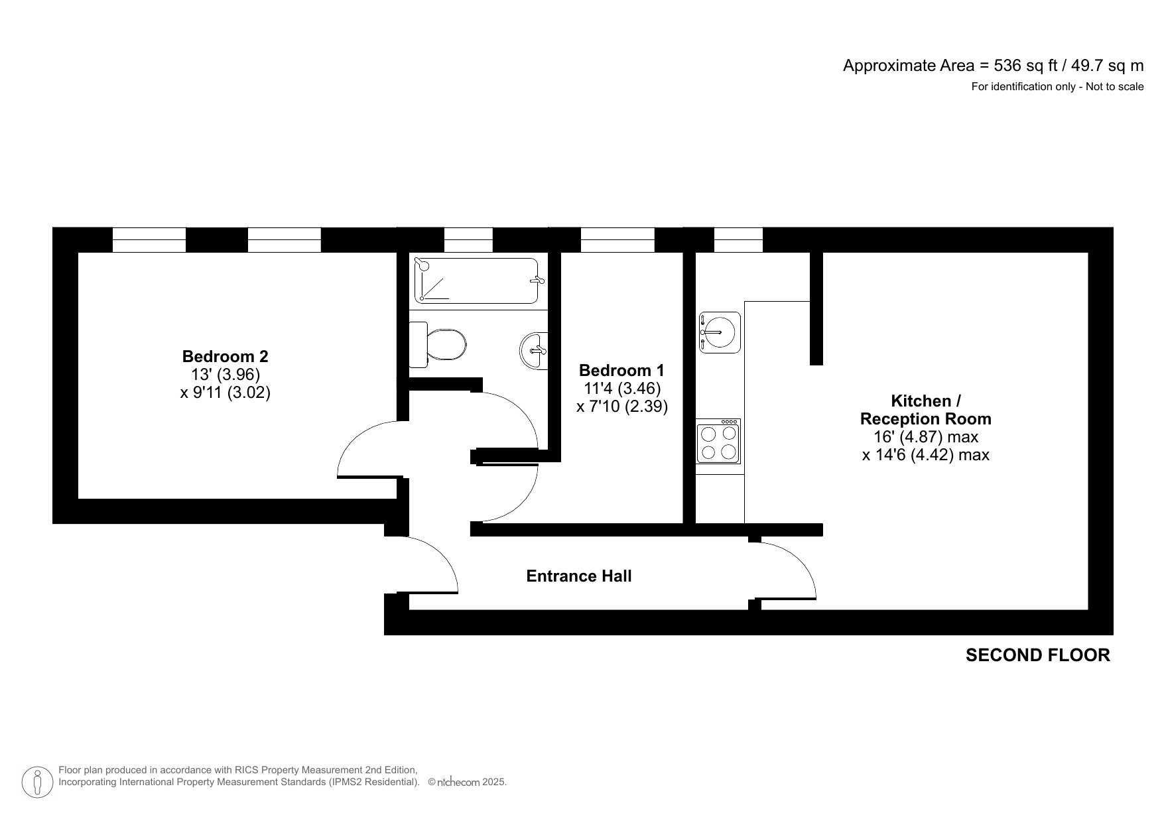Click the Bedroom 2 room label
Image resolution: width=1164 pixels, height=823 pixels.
[x=225, y=356]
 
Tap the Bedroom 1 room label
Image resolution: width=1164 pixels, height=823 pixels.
[x=621, y=370]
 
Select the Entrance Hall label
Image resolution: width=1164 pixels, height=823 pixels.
[x=578, y=576]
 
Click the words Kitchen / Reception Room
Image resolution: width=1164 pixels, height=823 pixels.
[x=925, y=410]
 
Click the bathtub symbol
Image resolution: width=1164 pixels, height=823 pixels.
[x=476, y=281]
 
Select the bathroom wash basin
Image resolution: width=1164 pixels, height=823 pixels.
[x=535, y=349]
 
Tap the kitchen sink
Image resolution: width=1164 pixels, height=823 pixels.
[x=720, y=332]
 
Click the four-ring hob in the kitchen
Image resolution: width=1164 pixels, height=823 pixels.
[x=718, y=442]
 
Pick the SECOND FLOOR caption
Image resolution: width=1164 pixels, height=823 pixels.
[x=1037, y=655]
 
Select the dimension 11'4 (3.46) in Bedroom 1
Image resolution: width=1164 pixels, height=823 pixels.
[x=622, y=388]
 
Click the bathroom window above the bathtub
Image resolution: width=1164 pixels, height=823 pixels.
[x=468, y=239]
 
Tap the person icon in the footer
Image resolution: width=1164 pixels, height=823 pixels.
[x=37, y=783]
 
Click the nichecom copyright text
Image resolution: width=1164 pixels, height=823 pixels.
[x=467, y=783]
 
